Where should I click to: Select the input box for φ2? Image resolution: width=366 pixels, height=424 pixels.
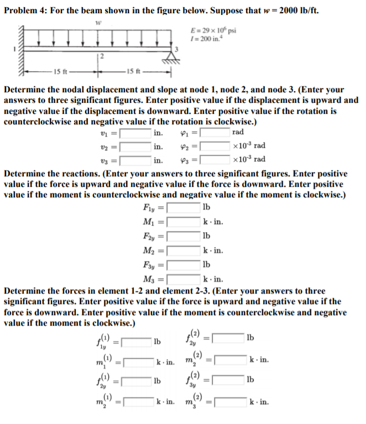click(x=216, y=147)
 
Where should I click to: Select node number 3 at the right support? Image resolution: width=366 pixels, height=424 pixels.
click(x=176, y=51)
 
